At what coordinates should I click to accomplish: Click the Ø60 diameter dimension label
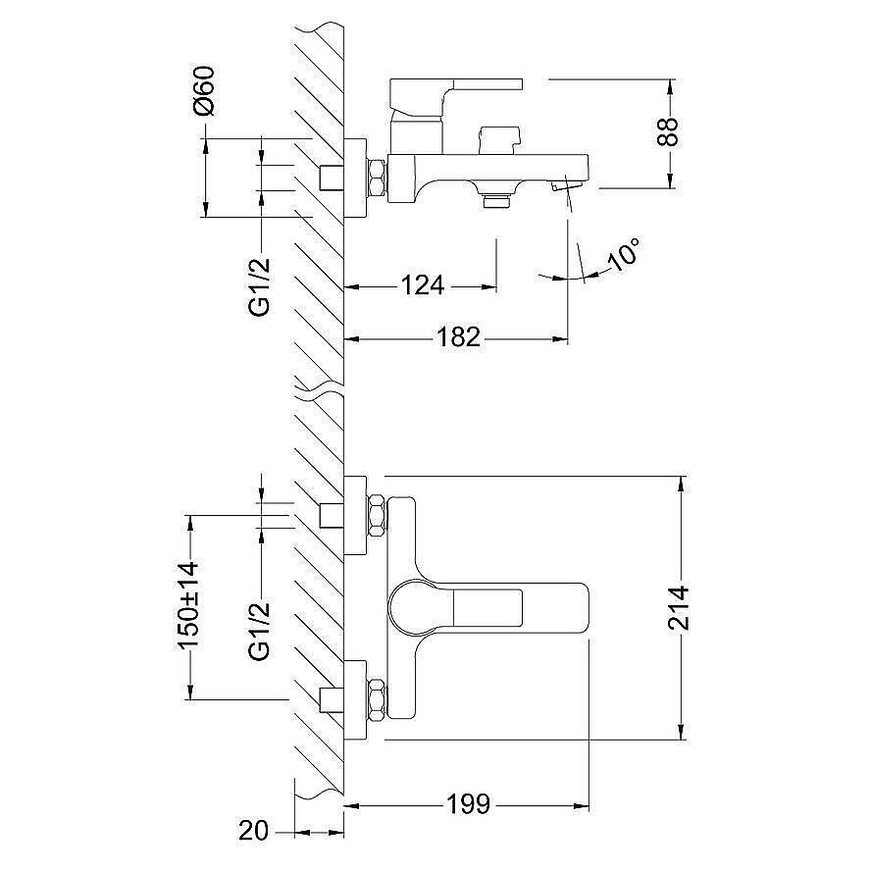204,90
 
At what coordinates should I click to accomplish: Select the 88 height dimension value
668,131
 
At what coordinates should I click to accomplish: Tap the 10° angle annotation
624,254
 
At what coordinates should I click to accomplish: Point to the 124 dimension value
423,285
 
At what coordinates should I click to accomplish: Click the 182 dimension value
459,336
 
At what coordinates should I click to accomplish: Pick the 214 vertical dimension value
678,608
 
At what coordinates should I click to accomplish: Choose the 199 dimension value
468,803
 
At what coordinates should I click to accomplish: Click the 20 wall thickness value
253,831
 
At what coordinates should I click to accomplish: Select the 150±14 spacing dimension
187,605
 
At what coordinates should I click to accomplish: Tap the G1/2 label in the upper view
260,286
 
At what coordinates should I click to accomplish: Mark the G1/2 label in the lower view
260,631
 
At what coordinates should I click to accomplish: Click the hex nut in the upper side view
376,178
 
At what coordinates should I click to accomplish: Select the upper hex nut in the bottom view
376,516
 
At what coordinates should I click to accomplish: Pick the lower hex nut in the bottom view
376,699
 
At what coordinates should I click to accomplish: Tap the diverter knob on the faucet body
500,140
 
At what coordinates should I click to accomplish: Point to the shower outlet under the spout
496,200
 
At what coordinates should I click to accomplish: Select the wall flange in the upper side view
355,178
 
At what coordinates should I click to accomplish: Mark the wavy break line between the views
319,389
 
